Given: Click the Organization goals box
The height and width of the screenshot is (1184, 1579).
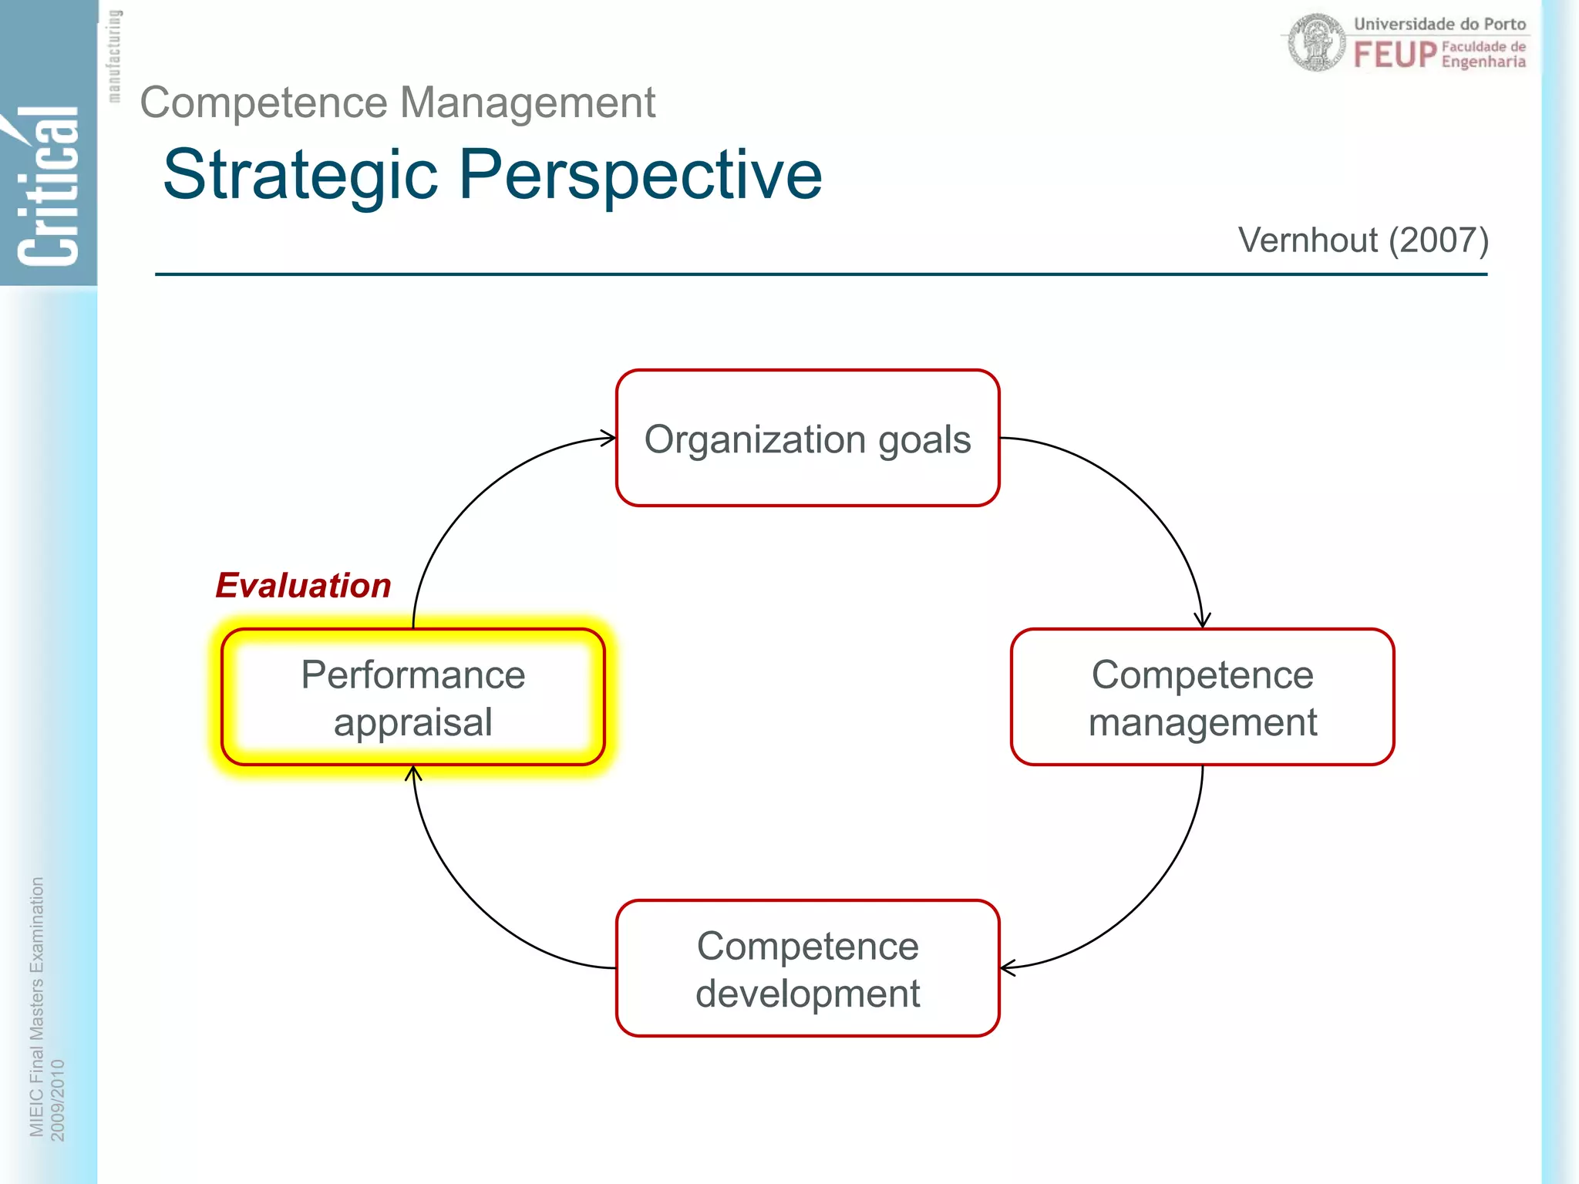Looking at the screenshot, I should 807,439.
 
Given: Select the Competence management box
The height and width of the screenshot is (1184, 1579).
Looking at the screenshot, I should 1202,698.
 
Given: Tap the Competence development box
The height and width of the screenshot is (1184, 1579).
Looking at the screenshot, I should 807,968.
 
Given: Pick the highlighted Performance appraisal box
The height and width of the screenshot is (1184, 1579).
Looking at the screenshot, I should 412,698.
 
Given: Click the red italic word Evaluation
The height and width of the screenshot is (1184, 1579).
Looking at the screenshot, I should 303,585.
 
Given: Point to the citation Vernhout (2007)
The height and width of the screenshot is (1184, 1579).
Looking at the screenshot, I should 1362,240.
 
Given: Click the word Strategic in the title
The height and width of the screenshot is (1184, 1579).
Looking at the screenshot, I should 301,176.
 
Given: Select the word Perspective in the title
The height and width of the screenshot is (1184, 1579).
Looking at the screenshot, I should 641,176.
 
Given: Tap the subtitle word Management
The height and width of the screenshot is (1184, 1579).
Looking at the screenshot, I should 527,103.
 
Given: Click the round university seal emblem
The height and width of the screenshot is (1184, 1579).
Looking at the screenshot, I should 1317,43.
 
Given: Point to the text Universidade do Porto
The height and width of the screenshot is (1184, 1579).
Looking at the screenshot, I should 1439,24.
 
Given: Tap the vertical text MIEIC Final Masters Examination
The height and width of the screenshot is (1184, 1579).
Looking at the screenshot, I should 36,1006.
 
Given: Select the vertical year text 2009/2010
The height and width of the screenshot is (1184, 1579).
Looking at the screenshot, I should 58,1099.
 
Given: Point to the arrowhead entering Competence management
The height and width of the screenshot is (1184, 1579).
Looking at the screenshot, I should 1202,621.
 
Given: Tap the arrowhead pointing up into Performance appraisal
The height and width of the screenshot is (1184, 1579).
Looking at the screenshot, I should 413,772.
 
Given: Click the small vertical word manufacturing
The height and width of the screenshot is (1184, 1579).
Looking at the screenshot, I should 114,56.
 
